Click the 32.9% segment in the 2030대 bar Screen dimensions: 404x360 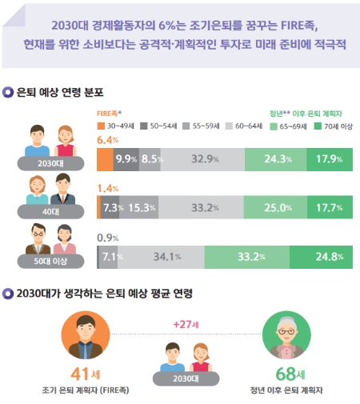[x=201, y=158]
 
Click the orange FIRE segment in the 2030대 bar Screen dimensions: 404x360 [x=104, y=158]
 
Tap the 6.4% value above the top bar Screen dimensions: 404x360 [x=107, y=139]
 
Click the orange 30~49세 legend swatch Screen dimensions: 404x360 [x=101, y=126]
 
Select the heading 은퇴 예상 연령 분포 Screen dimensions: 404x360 [x=61, y=93]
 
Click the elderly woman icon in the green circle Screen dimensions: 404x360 [x=286, y=336]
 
